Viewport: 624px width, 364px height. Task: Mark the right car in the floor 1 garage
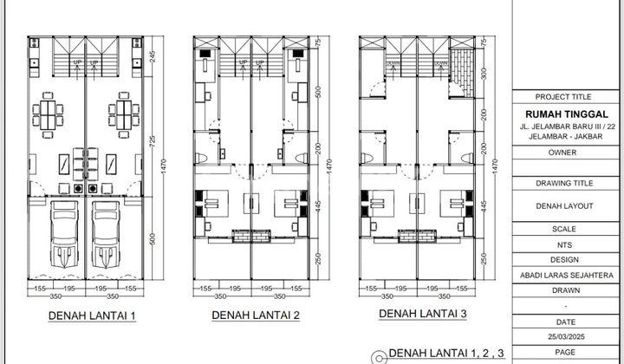(106, 234)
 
